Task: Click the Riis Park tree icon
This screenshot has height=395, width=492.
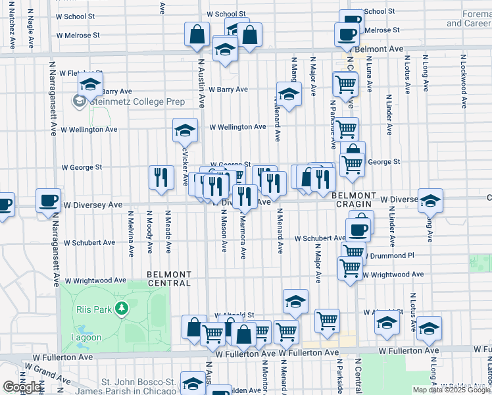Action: coord(121,308)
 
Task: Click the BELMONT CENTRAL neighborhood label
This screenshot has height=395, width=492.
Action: coord(169,278)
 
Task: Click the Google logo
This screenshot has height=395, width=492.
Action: coord(21,387)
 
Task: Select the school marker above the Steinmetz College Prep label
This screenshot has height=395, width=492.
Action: coord(90,84)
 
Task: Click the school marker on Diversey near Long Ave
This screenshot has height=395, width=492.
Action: coord(430,201)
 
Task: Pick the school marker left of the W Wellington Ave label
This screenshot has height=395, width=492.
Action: coord(185,130)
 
